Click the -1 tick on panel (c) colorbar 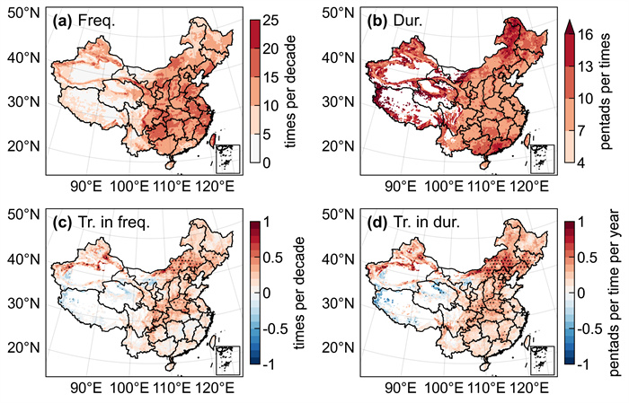click(x=269, y=364)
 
